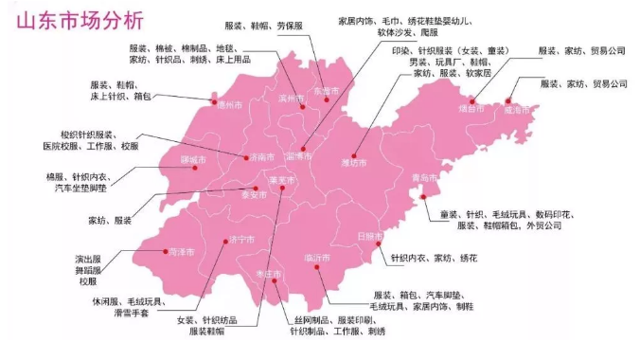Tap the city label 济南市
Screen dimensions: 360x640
(x=261, y=157)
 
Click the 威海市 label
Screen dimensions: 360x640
(x=519, y=110)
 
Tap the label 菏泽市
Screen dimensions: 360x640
(x=181, y=252)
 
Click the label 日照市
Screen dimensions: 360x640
(x=371, y=235)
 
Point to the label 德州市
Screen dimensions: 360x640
(x=229, y=106)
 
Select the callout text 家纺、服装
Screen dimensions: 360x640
(x=110, y=220)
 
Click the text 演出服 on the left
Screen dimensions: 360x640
(x=87, y=258)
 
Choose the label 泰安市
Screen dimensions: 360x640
(x=255, y=195)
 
